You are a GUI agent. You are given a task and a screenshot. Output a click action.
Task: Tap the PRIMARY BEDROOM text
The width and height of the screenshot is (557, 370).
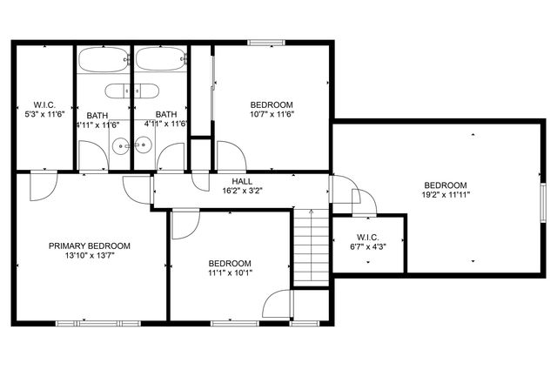(90, 246)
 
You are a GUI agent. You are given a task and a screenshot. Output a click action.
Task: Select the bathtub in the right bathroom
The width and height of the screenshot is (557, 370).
(159, 62)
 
